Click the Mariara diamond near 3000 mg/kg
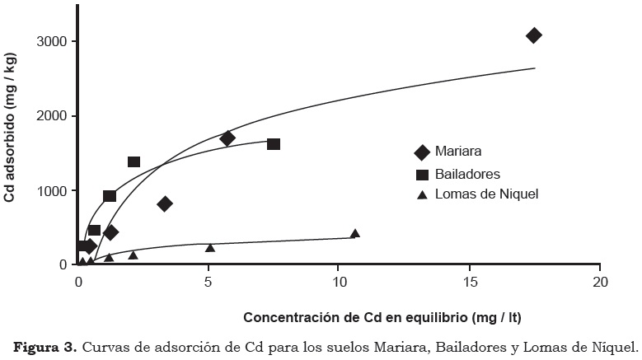coord(533,35)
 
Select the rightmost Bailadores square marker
coord(274,144)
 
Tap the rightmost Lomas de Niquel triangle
coord(354,234)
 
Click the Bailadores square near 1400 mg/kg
coord(134,161)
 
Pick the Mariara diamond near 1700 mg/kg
coord(227,138)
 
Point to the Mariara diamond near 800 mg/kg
coord(165,203)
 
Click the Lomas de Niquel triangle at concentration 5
coord(210,247)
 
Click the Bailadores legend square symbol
coord(422,174)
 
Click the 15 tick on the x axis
coord(469,282)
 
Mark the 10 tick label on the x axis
coord(339,282)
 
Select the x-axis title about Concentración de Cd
coord(382,316)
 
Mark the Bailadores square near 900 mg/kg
coord(110,196)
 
